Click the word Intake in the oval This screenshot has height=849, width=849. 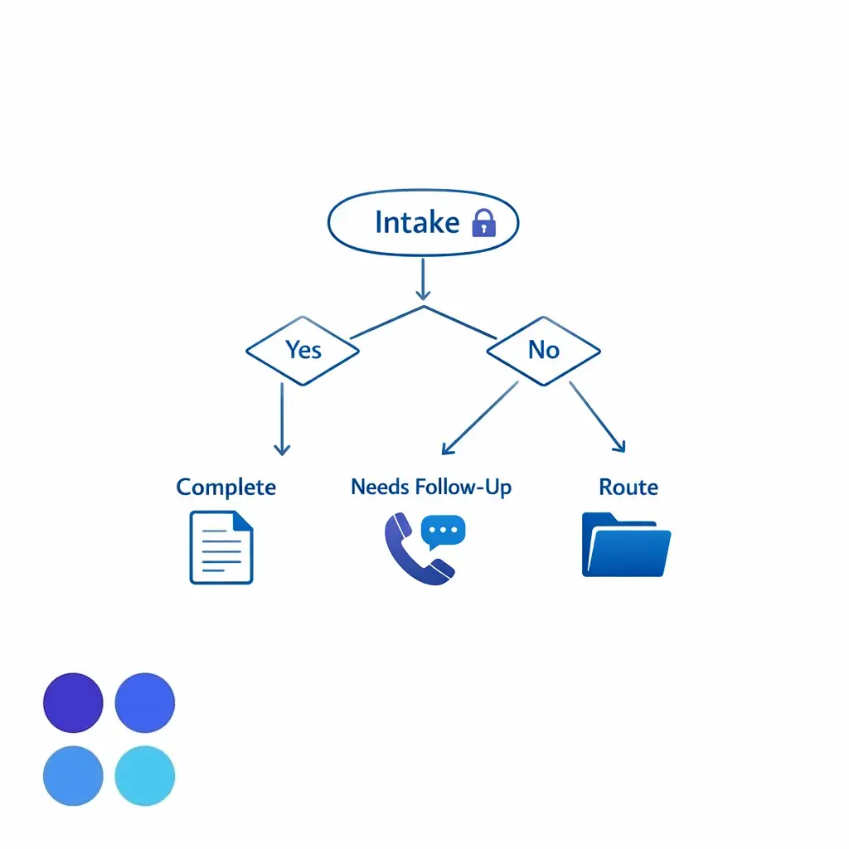(x=416, y=222)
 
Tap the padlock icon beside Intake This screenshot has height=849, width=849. (x=483, y=223)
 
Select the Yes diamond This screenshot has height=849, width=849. (x=303, y=350)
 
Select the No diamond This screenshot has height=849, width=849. (x=543, y=350)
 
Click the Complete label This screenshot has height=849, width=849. (x=226, y=487)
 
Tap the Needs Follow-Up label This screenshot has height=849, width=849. (x=431, y=487)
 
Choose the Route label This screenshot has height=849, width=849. (x=628, y=487)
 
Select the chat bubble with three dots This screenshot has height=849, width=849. (x=444, y=531)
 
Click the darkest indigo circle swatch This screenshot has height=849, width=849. (x=73, y=703)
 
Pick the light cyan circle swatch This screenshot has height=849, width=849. (x=145, y=775)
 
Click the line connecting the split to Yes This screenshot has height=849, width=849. (x=386, y=323)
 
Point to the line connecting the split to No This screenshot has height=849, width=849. (x=461, y=323)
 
